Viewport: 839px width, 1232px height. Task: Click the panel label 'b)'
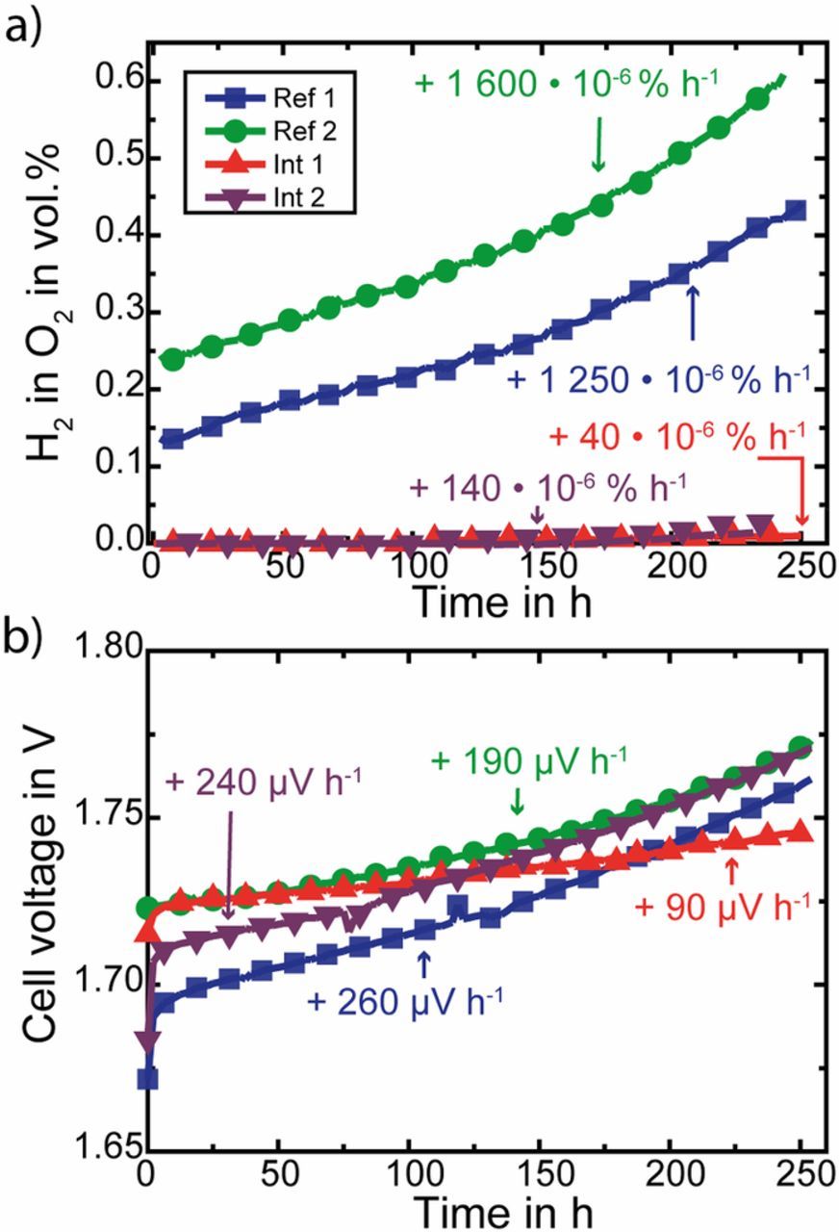[27, 633]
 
